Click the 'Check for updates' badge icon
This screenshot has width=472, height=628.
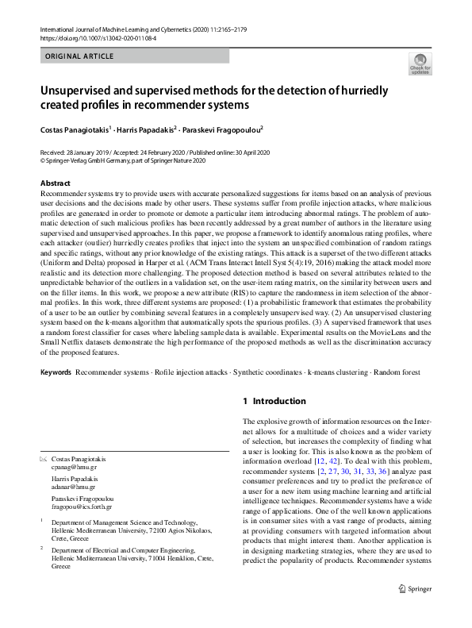420,63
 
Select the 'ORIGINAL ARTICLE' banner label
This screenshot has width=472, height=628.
79,56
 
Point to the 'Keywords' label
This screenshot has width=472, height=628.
56,372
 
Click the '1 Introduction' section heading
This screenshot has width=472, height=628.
274,402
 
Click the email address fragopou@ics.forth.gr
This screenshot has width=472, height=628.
82,506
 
